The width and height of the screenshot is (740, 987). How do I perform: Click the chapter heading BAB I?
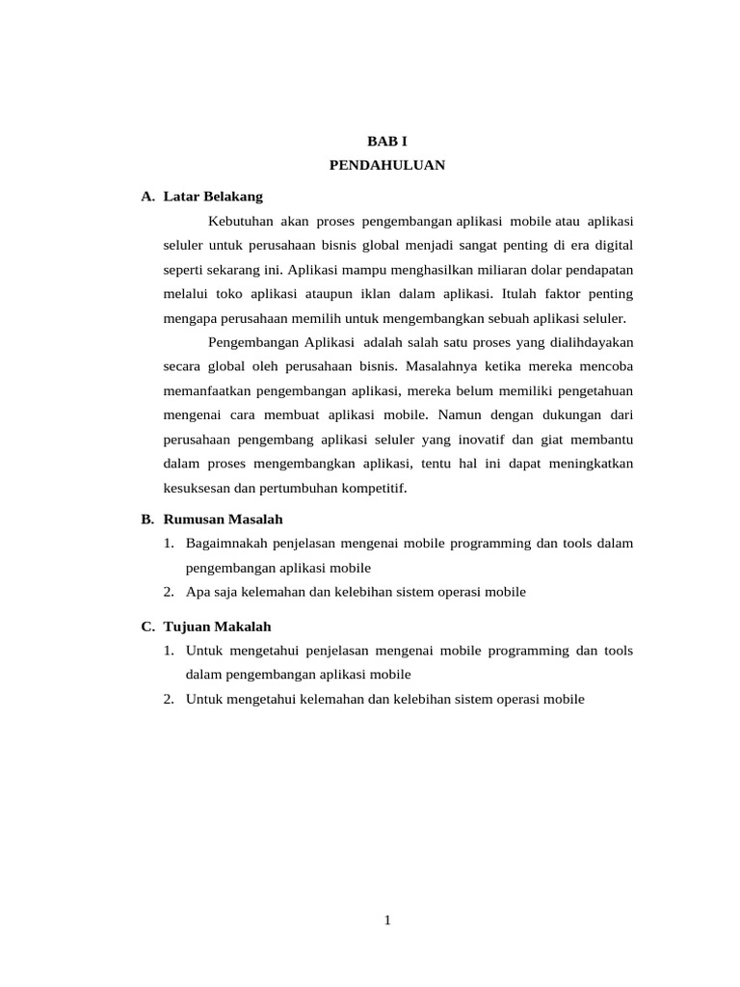[387, 141]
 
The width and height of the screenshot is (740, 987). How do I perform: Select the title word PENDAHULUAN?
[387, 165]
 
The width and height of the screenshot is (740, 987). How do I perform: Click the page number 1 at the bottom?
[387, 920]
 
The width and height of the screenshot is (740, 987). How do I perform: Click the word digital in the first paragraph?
[612, 245]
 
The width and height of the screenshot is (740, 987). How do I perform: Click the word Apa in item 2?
[198, 592]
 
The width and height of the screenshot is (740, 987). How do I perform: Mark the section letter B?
[146, 519]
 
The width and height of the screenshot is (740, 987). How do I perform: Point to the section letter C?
[146, 626]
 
